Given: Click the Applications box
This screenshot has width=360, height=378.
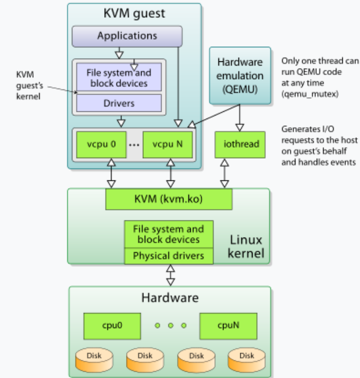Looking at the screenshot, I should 127,36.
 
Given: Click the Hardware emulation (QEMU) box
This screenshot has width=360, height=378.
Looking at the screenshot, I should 240,75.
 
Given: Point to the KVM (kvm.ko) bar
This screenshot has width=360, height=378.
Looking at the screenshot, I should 168,198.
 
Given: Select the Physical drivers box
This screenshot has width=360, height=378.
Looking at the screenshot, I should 168,256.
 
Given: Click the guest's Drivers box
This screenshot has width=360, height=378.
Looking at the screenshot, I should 119,103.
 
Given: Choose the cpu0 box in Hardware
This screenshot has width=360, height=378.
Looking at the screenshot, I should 112,326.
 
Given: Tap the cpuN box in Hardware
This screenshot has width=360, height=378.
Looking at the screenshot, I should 227,326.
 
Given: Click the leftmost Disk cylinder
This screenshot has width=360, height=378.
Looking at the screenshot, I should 95,357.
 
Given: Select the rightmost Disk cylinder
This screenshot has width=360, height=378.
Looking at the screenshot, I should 247,357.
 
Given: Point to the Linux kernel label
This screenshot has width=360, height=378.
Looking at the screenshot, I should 246,247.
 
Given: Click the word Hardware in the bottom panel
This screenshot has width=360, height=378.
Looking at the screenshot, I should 170,298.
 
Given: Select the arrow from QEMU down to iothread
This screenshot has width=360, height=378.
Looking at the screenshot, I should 240,118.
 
